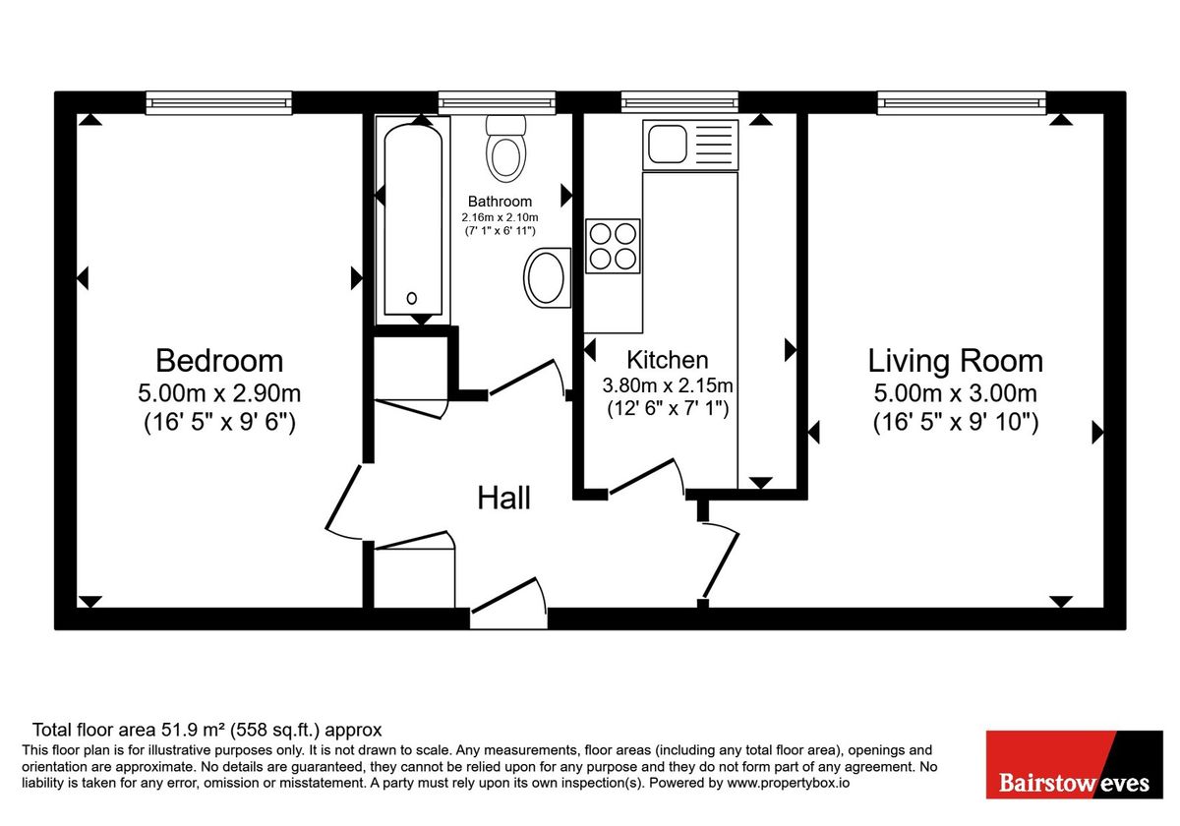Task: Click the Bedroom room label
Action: pyautogui.click(x=218, y=360)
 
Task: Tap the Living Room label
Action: pyautogui.click(x=955, y=360)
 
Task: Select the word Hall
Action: pyautogui.click(x=503, y=498)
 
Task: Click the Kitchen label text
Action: pyautogui.click(x=668, y=359)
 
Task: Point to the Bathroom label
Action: pyautogui.click(x=500, y=202)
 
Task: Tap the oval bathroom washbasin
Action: pyautogui.click(x=547, y=276)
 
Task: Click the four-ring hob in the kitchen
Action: pyautogui.click(x=613, y=245)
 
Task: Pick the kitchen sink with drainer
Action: pyautogui.click(x=689, y=144)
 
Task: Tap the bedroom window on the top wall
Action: pyautogui.click(x=219, y=101)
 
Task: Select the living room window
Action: pyautogui.click(x=961, y=101)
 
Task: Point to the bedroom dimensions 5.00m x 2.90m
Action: pyautogui.click(x=218, y=394)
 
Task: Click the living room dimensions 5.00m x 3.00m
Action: pyautogui.click(x=955, y=394)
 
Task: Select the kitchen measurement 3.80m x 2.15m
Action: pyautogui.click(x=668, y=384)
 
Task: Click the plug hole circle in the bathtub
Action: pyautogui.click(x=411, y=298)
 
